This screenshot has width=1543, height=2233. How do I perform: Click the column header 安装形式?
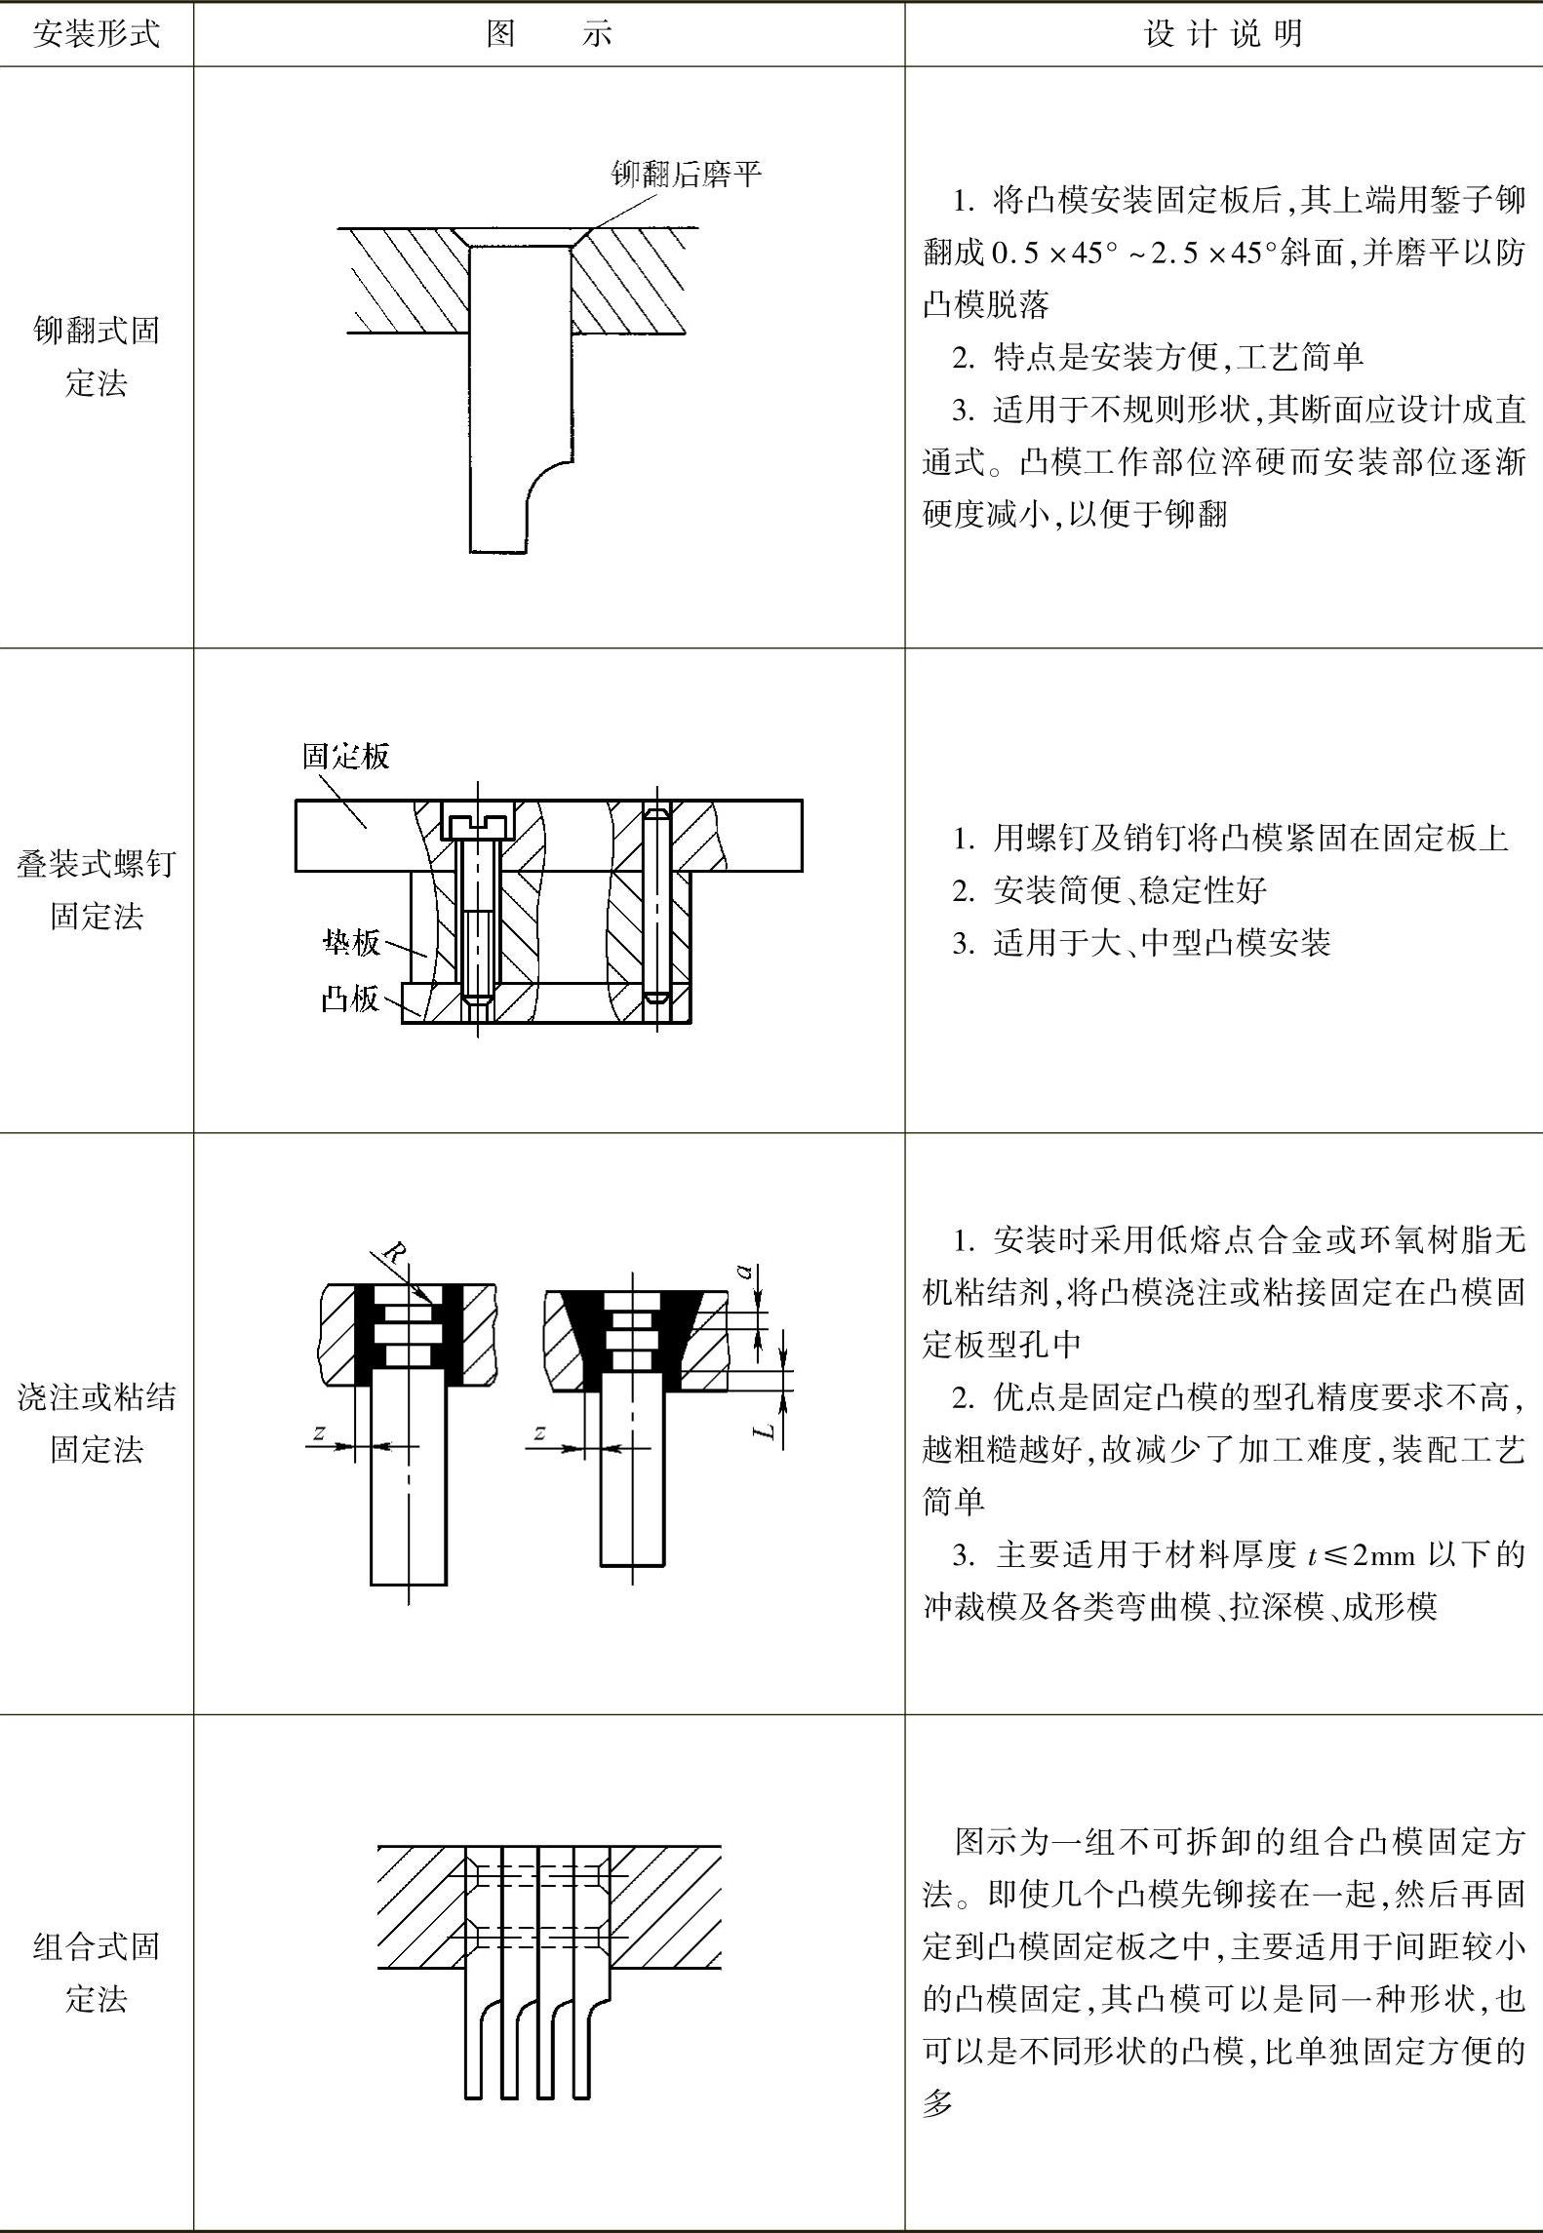[96, 35]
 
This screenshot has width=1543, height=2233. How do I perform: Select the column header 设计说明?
[1223, 35]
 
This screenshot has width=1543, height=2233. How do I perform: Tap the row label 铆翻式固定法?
[96, 356]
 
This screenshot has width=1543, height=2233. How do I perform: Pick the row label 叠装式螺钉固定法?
[96, 889]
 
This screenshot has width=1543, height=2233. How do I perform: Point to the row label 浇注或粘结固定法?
[96, 1423]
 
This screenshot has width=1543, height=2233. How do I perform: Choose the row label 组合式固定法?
[96, 1973]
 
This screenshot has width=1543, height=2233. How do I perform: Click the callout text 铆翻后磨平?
[686, 175]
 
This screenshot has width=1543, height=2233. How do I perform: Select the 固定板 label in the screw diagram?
[345, 756]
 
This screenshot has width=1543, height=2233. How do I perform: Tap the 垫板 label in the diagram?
[351, 942]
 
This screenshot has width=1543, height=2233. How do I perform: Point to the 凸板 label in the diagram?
[349, 999]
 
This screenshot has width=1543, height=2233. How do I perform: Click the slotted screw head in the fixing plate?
[477, 821]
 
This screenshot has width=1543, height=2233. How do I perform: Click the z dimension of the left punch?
[318, 1432]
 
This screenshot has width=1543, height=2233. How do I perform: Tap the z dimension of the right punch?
[538, 1432]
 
